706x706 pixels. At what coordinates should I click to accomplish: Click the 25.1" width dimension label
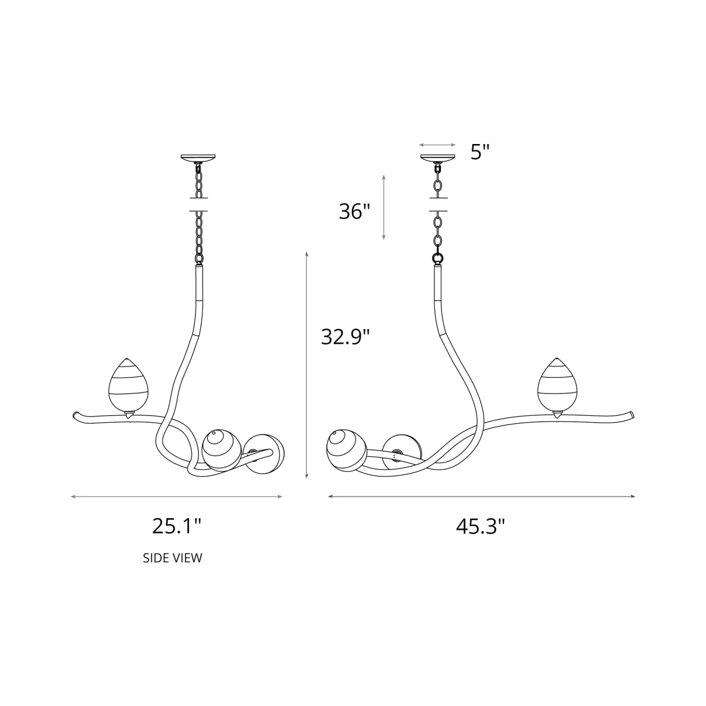tap(176, 526)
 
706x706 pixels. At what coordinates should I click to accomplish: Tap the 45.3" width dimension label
tap(480, 527)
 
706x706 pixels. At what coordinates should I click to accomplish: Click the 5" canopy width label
tap(480, 152)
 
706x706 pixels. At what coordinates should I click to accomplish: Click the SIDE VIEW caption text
tap(173, 558)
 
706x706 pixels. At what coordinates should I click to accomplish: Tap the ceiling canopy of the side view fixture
tap(199, 158)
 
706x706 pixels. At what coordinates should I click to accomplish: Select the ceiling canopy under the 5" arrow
tap(438, 158)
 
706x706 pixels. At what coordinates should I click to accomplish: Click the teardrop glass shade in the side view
tap(128, 384)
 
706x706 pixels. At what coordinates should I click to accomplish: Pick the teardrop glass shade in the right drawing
tap(558, 384)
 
